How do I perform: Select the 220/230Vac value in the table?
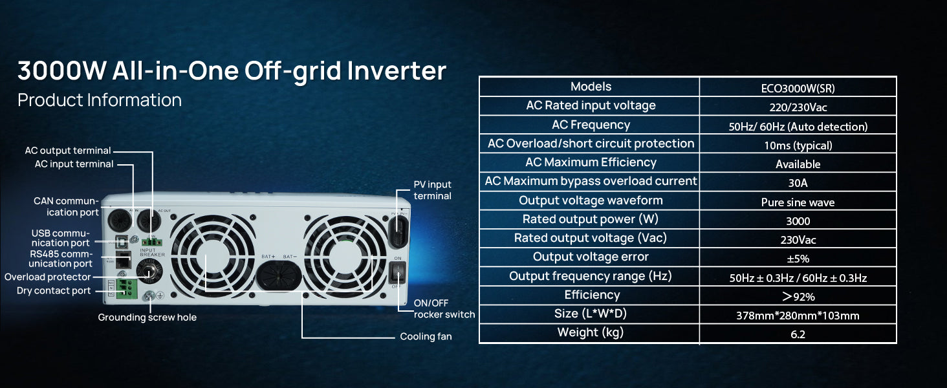[x=798, y=107]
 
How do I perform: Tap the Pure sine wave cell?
[x=798, y=202]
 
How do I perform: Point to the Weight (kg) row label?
[x=590, y=332]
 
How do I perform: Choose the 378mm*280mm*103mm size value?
[x=798, y=316]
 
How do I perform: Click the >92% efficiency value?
[x=798, y=297]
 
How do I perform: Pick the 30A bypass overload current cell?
[x=798, y=183]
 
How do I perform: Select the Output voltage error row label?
[x=590, y=257]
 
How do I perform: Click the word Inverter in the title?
[x=396, y=70]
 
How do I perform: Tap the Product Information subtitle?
[x=100, y=100]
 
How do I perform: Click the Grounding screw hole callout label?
[x=147, y=318]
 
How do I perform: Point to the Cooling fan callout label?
[x=426, y=336]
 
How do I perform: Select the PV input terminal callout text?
[x=432, y=190]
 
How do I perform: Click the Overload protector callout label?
[x=47, y=277]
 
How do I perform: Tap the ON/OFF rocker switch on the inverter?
[x=397, y=272]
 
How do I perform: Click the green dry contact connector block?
[x=127, y=288]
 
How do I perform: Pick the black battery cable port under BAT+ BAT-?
[x=279, y=275]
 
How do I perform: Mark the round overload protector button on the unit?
[x=149, y=271]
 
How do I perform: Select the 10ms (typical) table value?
[x=798, y=145]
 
